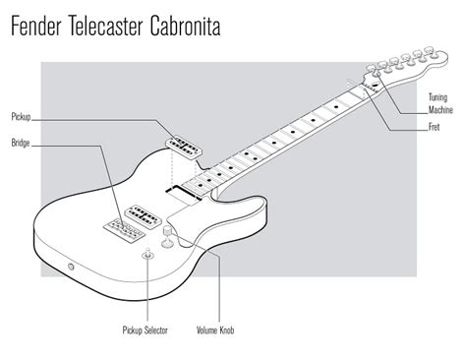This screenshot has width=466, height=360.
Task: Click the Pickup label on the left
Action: point(22,117)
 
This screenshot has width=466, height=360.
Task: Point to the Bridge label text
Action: point(21,144)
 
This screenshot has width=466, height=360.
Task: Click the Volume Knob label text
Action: point(214,331)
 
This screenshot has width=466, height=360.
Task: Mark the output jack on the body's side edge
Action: point(70,268)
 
